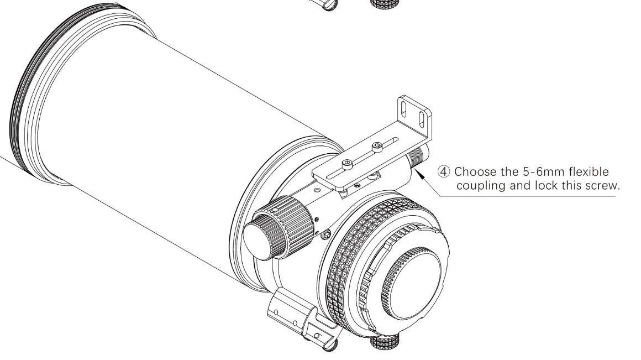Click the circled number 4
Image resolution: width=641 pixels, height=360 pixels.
coord(444,171)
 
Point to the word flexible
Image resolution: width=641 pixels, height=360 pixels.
coord(589,171)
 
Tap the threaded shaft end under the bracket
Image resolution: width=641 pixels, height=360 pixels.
coord(417,156)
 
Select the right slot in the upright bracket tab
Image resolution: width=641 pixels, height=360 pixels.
coord(422,118)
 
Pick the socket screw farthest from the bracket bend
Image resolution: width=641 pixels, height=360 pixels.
coord(347,164)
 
